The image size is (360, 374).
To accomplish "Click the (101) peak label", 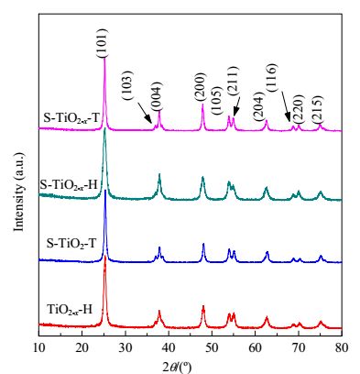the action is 102,43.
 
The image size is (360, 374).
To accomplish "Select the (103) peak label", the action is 126,85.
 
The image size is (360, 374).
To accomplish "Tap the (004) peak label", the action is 156,97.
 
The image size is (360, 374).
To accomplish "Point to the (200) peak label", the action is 200,87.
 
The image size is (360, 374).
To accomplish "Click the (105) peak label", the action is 216,100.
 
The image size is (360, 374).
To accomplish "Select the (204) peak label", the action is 258,106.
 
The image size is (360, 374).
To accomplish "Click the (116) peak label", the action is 271,78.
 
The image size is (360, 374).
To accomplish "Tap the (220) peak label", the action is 297,109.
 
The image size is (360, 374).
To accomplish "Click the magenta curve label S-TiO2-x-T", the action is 71,118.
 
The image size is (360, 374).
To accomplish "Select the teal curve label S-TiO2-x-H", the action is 69,185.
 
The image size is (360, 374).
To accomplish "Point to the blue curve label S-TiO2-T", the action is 71,244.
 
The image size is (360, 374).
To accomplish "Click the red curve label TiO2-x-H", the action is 70,310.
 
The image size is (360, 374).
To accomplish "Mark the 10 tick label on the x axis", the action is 39,347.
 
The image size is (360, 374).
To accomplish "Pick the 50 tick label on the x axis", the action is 212,347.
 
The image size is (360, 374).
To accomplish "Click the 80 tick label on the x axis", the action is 342,347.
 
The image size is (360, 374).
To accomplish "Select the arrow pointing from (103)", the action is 145,113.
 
